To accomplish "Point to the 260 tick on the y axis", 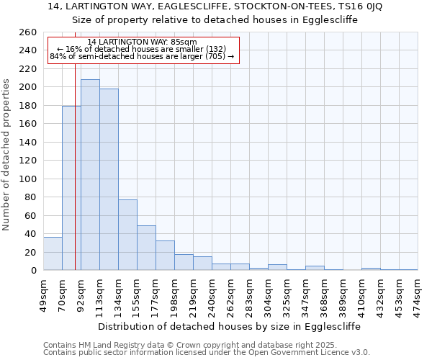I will tap(28, 32).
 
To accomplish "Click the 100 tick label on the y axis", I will tap(28, 179).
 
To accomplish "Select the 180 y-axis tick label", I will tap(28, 106).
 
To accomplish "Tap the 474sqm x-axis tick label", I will tap(418, 294).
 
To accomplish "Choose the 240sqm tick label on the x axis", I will tap(212, 294).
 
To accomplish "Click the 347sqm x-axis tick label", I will tap(305, 294).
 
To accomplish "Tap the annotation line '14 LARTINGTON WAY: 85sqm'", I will tap(142, 42).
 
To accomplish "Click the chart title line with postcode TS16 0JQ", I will tap(215, 6).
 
